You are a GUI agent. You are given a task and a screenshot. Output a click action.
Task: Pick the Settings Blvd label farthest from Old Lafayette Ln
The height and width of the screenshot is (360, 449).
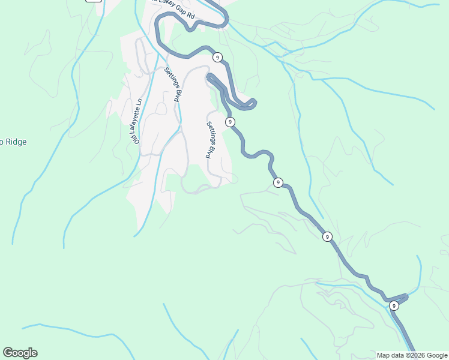pos(210,140)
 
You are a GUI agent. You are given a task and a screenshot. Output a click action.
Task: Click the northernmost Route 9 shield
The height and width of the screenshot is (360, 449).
pos(217,58)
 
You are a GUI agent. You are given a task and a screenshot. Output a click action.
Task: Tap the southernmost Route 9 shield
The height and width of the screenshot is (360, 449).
pos(394,306)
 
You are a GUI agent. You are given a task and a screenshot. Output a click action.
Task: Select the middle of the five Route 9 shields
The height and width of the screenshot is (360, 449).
pos(277,182)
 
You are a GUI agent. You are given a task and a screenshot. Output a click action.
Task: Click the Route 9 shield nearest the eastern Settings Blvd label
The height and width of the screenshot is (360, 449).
pos(230,122)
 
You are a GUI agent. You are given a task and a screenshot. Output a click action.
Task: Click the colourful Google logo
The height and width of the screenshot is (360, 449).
pos(20,353)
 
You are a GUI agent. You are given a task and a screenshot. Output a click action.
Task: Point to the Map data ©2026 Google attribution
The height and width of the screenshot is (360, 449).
pos(412,355)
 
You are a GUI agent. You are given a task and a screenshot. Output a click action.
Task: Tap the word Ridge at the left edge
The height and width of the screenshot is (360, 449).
pos(16,142)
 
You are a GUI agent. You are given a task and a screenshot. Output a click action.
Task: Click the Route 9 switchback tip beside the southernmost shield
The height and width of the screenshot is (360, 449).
pos(406,295)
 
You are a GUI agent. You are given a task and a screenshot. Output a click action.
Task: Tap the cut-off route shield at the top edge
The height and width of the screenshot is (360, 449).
pos(93,1)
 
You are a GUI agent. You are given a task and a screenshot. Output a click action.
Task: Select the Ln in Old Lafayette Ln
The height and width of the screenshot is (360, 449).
pos(139,101)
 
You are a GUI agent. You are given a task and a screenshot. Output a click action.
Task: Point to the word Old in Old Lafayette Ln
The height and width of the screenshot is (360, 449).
pos(136,139)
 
